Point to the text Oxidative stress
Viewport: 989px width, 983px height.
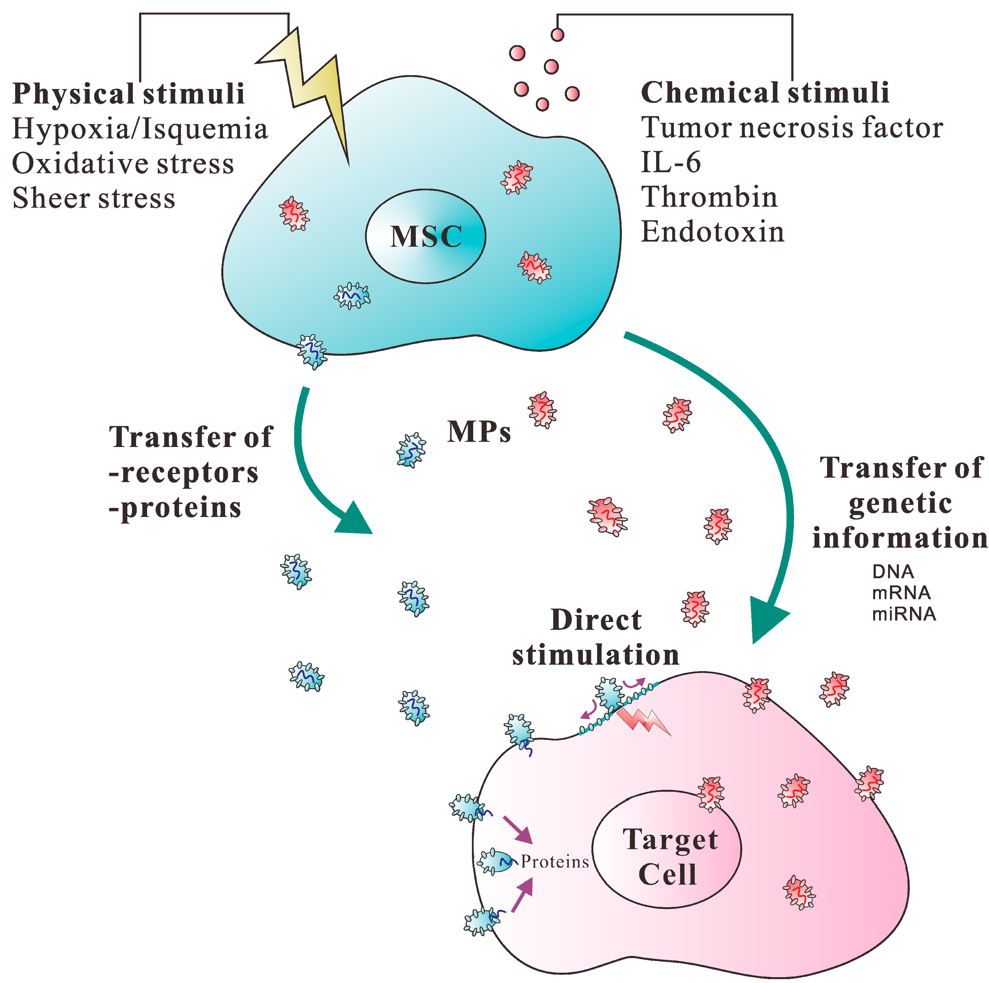(x=123, y=164)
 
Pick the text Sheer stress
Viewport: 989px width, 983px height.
(x=94, y=199)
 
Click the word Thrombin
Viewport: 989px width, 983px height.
(x=709, y=197)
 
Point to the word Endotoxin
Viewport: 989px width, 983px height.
(x=713, y=232)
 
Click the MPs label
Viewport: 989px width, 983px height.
(x=479, y=432)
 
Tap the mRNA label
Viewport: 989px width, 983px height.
(x=901, y=592)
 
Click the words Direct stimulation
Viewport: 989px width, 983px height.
(x=595, y=638)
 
